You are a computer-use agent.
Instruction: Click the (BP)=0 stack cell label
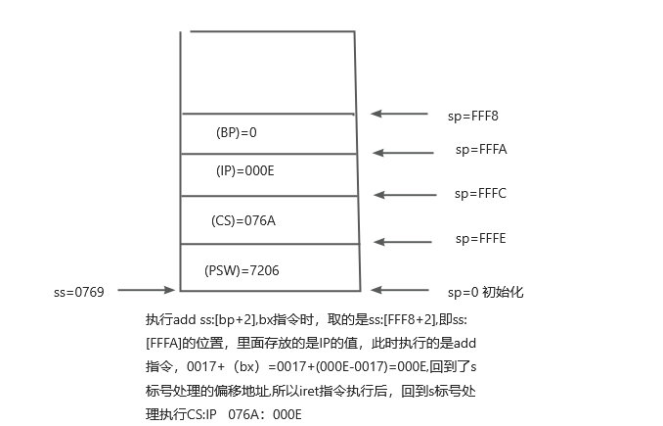coord(236,130)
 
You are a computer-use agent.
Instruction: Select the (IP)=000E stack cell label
coord(243,169)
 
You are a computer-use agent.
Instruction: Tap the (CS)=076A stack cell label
coord(243,220)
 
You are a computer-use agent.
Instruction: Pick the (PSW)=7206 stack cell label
coord(242,269)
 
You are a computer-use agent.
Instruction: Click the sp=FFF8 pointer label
coord(473,116)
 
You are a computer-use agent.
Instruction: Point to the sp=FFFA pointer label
coord(481,150)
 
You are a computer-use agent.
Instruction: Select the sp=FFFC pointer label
coord(480,193)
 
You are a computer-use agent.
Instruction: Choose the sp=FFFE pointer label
coord(480,238)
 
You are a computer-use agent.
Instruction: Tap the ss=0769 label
coord(79,291)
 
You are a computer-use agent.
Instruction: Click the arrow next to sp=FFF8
coord(399,115)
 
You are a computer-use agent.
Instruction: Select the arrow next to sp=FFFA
coord(402,152)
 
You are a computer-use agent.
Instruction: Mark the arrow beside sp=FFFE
coord(402,240)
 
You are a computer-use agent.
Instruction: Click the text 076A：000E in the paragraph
coord(265,414)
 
